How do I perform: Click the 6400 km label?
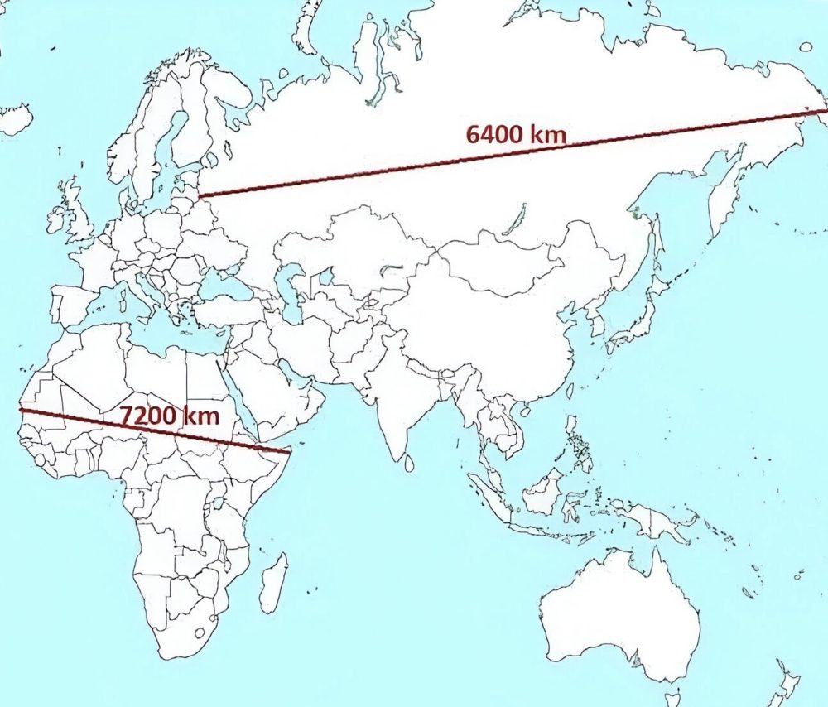[516, 134]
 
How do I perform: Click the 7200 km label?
[171, 416]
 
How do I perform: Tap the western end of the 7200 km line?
[21, 409]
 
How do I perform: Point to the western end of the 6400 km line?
[201, 196]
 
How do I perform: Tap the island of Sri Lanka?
[408, 465]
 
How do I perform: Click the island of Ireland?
[57, 221]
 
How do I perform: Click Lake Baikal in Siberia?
[514, 219]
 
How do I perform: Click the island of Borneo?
[542, 493]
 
